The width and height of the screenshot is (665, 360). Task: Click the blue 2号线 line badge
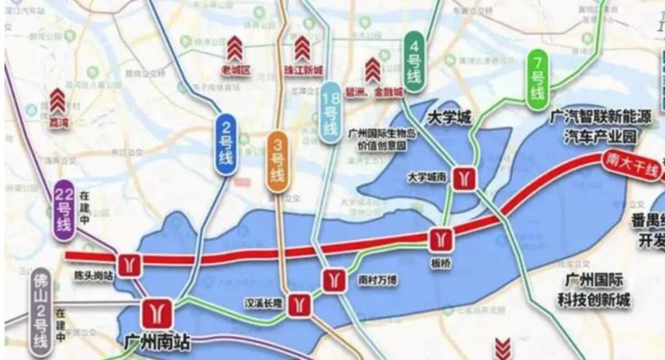point(226,144)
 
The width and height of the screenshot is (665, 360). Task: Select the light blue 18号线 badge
point(331,113)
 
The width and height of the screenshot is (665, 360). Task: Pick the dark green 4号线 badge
point(414,62)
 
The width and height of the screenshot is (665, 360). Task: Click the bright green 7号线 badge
point(538,80)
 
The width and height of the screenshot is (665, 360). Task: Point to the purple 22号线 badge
point(65,210)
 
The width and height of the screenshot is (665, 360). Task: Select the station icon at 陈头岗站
point(130,265)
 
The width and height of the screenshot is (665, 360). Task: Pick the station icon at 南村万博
point(334,281)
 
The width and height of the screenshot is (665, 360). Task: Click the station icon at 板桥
point(441,239)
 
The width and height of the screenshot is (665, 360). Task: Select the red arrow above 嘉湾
point(58,100)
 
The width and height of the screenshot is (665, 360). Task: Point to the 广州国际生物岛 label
point(382,134)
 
